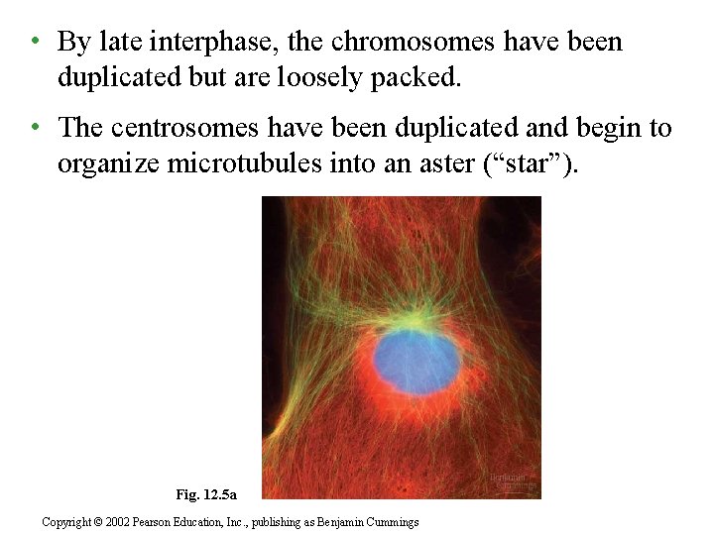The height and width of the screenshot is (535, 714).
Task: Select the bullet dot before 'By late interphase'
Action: click(x=35, y=42)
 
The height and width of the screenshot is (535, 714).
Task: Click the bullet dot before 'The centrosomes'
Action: click(x=35, y=128)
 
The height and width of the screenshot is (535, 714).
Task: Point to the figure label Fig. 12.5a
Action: click(x=205, y=493)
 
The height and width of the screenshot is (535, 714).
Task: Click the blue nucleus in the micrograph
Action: click(x=416, y=360)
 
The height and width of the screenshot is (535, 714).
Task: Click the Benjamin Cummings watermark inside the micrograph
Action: click(x=513, y=481)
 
